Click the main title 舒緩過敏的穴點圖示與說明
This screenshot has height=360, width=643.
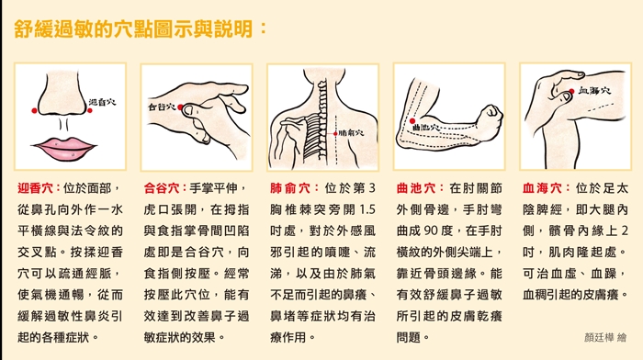pyautogui.click(x=133, y=28)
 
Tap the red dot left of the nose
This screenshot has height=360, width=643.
pyautogui.click(x=35, y=111)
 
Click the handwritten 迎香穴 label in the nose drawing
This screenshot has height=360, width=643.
pyautogui.click(x=103, y=102)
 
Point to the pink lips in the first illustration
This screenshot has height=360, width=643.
pyautogui.click(x=64, y=148)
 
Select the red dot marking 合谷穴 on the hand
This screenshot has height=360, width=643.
pyautogui.click(x=180, y=107)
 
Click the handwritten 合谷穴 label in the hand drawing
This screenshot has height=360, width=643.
pyautogui.click(x=162, y=107)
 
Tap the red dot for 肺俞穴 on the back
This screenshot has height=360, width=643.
pyautogui.click(x=335, y=134)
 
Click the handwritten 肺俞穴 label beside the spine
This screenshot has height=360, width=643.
pyautogui.click(x=352, y=133)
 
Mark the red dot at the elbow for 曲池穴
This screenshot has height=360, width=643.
pyautogui.click(x=412, y=120)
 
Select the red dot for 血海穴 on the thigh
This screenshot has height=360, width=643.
pyautogui.click(x=571, y=91)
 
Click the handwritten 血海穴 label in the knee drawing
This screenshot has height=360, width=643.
pyautogui.click(x=594, y=91)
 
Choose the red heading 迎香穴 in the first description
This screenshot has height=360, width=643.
pyautogui.click(x=35, y=188)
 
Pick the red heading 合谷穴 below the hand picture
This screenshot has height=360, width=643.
pyautogui.click(x=162, y=188)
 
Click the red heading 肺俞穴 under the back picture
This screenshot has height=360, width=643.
pyautogui.click(x=290, y=188)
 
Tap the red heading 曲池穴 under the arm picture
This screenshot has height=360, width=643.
pyautogui.click(x=416, y=188)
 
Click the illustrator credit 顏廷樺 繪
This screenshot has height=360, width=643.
pyautogui.click(x=605, y=337)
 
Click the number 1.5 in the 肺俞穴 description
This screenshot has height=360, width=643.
pyautogui.click(x=367, y=209)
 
